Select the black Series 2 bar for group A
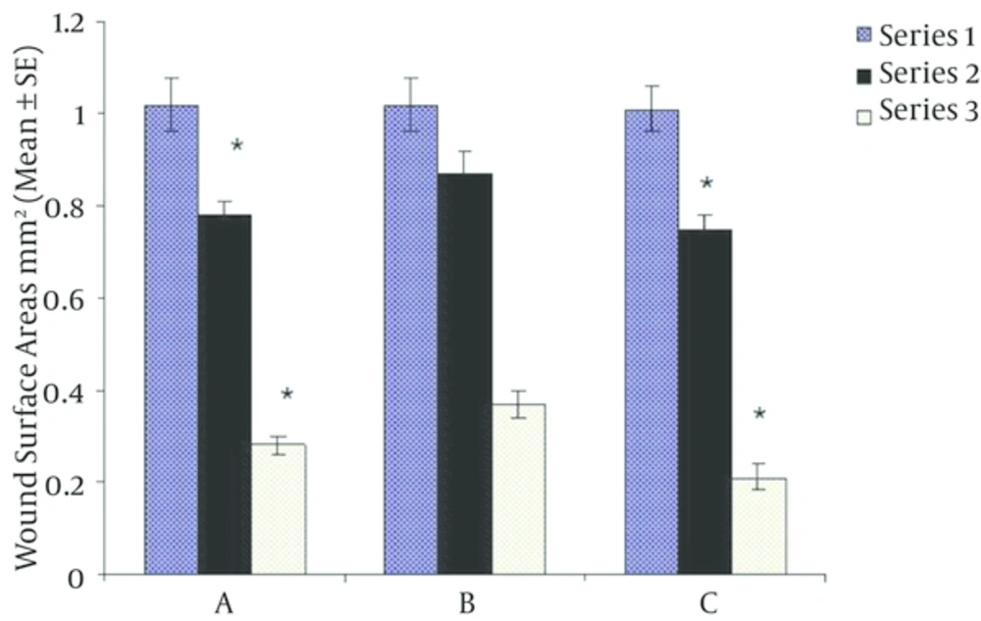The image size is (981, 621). click(x=225, y=393)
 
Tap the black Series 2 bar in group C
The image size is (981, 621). click(x=704, y=401)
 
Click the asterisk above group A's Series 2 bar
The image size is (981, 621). click(x=236, y=147)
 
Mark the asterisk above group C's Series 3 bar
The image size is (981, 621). click(x=759, y=414)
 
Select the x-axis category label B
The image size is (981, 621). click(x=465, y=601)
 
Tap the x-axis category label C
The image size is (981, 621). click(x=706, y=601)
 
